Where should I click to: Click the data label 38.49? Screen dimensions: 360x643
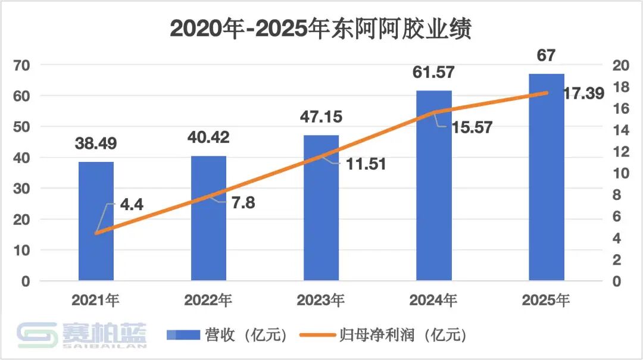click(x=96, y=143)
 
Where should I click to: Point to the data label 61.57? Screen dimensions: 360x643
click(x=433, y=73)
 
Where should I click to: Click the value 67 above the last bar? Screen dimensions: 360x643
click(x=546, y=56)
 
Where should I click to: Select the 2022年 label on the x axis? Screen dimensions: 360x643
click(x=208, y=300)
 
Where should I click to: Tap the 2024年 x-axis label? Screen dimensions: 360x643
click(x=433, y=300)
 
